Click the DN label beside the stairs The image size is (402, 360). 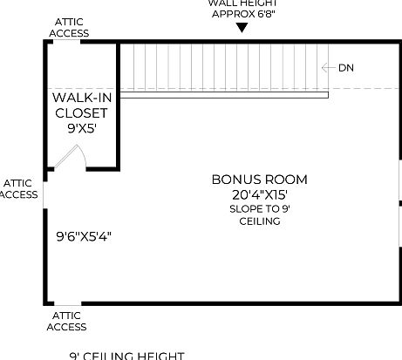(346, 68)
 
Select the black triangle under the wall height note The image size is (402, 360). (242, 27)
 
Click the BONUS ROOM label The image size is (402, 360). (259, 180)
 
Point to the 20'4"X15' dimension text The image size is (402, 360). (259, 195)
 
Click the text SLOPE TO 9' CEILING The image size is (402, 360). (259, 215)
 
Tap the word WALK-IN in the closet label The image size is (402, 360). (80, 98)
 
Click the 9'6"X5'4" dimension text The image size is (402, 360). (83, 235)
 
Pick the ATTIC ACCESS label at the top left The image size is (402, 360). (69, 27)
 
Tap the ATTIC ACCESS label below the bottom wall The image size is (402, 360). (66, 321)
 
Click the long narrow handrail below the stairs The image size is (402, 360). (223, 95)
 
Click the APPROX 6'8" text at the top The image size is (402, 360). (242, 14)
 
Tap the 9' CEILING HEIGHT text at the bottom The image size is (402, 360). (126, 356)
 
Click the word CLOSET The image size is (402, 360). (80, 113)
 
